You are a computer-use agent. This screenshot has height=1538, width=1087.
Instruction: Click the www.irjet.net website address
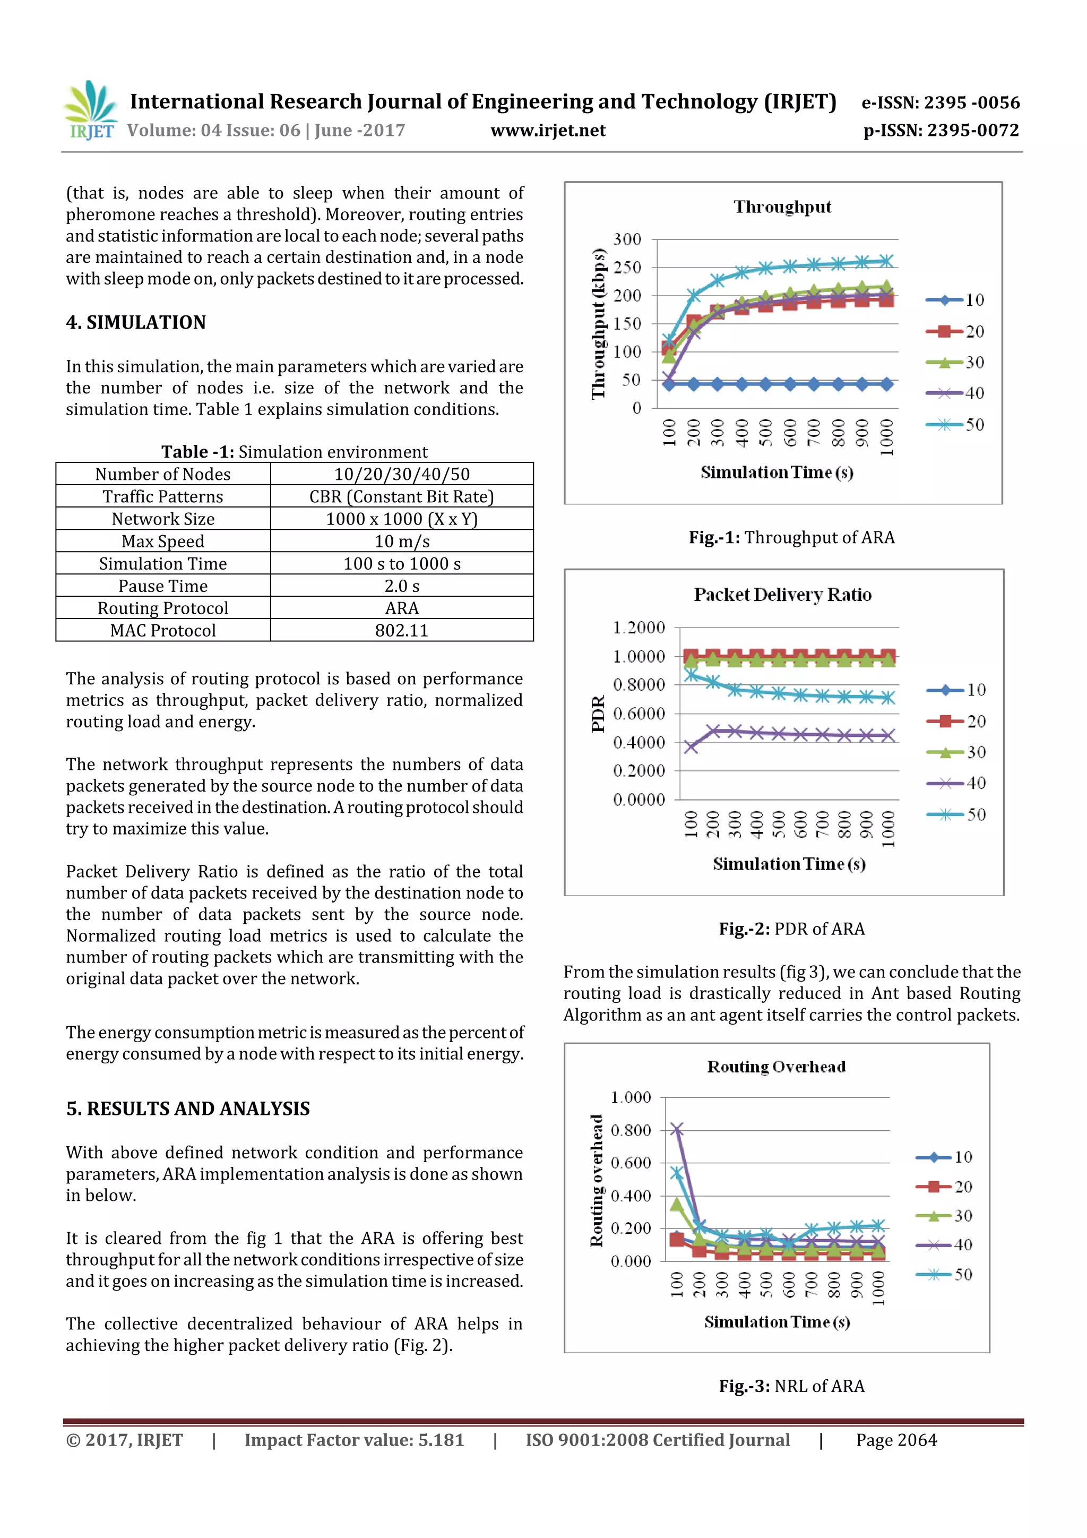tap(547, 131)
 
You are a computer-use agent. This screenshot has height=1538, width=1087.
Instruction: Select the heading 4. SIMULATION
tap(136, 322)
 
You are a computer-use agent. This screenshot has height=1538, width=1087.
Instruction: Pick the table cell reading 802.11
tap(401, 630)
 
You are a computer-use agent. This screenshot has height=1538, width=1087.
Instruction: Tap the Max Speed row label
tap(163, 542)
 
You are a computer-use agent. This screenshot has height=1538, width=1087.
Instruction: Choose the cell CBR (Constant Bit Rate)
tap(401, 496)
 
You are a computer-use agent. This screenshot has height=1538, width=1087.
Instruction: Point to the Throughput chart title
tap(782, 207)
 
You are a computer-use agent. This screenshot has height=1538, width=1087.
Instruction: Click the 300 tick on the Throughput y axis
tap(627, 239)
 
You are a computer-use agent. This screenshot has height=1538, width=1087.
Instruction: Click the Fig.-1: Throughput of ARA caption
tap(792, 537)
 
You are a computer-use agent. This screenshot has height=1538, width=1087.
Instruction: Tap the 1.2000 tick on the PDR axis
tap(639, 628)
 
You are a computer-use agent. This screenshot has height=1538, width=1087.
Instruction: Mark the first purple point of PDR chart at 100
tap(691, 747)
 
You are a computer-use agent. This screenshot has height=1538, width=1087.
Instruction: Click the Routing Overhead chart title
tap(776, 1067)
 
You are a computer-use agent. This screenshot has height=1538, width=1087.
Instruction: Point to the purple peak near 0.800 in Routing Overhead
tap(677, 1129)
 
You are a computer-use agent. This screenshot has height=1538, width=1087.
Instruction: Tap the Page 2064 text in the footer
tap(896, 1440)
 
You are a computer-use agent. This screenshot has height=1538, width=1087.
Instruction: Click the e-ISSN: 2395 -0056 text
tap(941, 102)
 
